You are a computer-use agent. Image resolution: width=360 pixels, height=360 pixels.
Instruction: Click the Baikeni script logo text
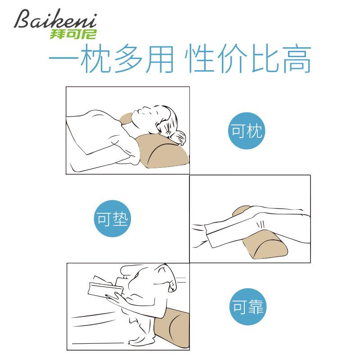click(54, 20)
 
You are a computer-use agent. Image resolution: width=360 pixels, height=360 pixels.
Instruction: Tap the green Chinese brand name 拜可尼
click(74, 33)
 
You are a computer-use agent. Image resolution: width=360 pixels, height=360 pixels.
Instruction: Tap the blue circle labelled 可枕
click(246, 131)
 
